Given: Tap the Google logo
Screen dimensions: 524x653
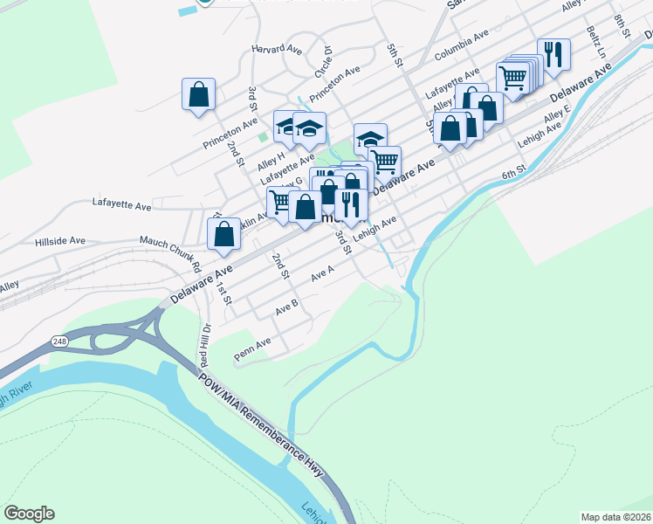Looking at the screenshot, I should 29,514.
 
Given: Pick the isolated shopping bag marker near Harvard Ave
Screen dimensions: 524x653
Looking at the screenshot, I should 198,94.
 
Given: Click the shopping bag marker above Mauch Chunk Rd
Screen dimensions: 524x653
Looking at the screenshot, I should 224,234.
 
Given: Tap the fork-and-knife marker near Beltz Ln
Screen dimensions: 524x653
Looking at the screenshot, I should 553,55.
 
